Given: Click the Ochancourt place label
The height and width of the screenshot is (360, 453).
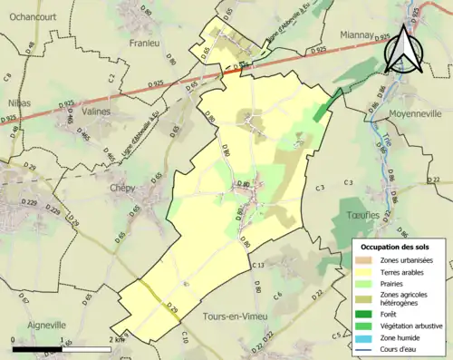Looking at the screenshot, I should coord(31,15).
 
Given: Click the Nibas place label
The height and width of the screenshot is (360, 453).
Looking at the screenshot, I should coord(19,102).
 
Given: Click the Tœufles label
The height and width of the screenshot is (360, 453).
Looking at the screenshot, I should coord(361,215).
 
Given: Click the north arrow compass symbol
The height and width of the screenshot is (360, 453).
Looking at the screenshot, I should coord(404,45).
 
